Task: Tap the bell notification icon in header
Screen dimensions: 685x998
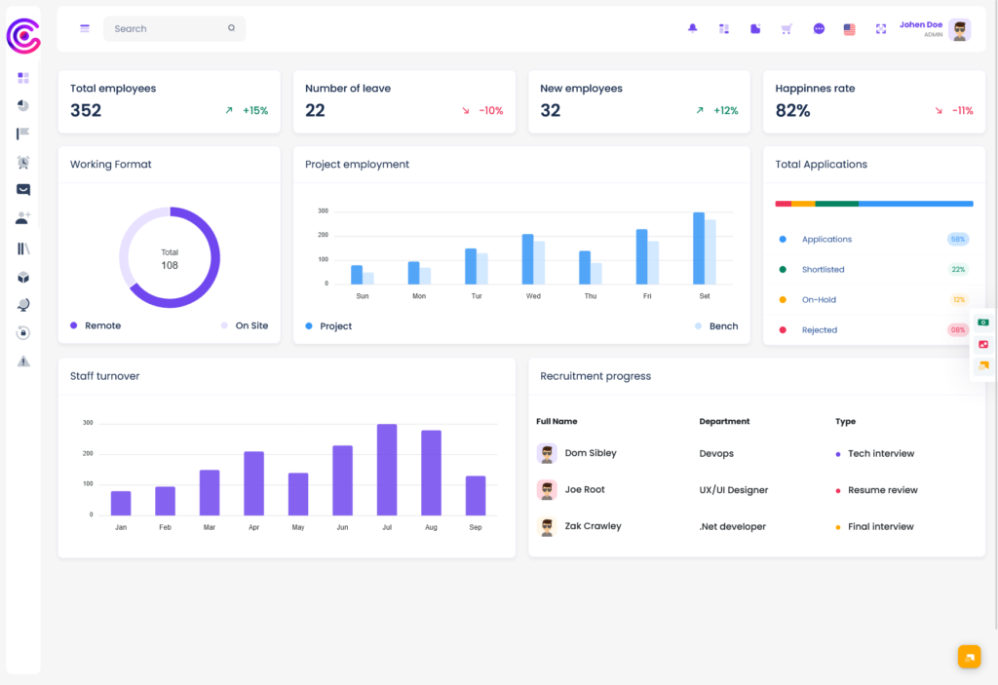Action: point(693,28)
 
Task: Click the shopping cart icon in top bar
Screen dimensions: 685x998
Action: point(787,28)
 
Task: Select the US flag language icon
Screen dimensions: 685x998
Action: point(849,28)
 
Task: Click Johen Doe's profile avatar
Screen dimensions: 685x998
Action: point(960,29)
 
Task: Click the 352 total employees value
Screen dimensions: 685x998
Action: point(86,111)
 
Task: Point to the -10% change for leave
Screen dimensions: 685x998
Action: point(490,111)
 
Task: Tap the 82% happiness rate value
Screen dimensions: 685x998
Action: point(792,111)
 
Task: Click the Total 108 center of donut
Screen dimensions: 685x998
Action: point(170,258)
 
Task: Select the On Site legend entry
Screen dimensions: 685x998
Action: point(250,325)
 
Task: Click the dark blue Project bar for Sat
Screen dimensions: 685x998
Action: point(699,247)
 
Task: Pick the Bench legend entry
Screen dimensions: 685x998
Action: point(722,325)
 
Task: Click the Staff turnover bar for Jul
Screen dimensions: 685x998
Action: point(387,469)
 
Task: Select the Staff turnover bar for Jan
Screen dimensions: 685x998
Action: point(121,503)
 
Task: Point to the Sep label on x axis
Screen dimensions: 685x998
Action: point(476,527)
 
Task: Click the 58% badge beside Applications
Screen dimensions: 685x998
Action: point(957,239)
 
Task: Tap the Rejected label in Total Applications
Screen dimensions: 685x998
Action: point(819,330)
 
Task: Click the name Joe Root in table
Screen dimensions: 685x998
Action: point(585,490)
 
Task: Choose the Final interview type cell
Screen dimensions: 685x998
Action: point(880,527)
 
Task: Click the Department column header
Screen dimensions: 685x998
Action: point(724,422)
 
